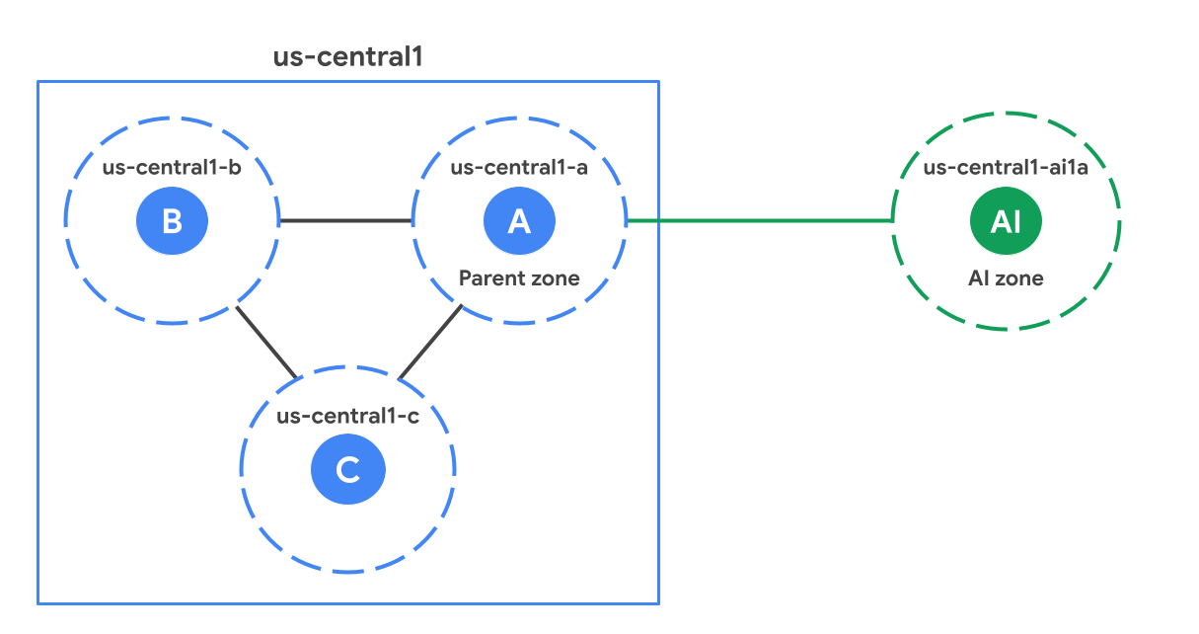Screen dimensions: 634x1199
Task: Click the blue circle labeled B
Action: point(172,220)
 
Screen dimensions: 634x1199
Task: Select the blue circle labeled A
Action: point(519,221)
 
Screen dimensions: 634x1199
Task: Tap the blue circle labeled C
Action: point(347,469)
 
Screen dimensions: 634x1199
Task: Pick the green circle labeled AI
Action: point(1005,221)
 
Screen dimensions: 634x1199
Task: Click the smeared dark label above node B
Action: point(183,167)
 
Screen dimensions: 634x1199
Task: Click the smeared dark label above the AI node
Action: point(1005,167)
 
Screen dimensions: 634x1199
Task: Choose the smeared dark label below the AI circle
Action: point(1005,277)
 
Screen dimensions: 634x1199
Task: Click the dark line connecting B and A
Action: point(345,220)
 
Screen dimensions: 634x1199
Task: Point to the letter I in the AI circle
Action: point(1016,221)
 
